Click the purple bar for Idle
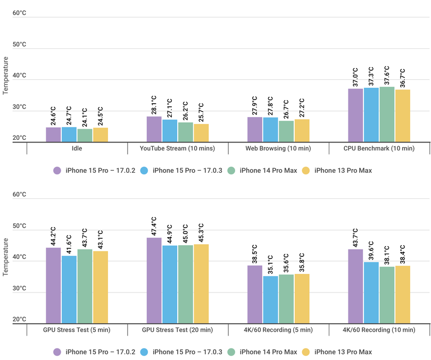coord(53,135)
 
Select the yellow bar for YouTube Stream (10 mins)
coord(201,133)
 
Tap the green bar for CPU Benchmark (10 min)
coord(387,114)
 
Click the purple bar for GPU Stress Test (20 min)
coord(154,280)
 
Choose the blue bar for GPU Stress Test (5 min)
coord(69,289)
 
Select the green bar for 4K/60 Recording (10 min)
coord(387,295)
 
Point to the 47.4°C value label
coord(154,227)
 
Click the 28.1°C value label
coord(154,105)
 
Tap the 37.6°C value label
coord(387,76)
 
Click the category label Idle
coord(77,148)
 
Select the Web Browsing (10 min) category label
coord(278,148)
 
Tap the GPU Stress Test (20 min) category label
coord(177,330)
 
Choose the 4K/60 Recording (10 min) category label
coord(379,330)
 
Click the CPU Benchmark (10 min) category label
coord(379,148)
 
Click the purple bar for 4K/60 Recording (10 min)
coord(355,286)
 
